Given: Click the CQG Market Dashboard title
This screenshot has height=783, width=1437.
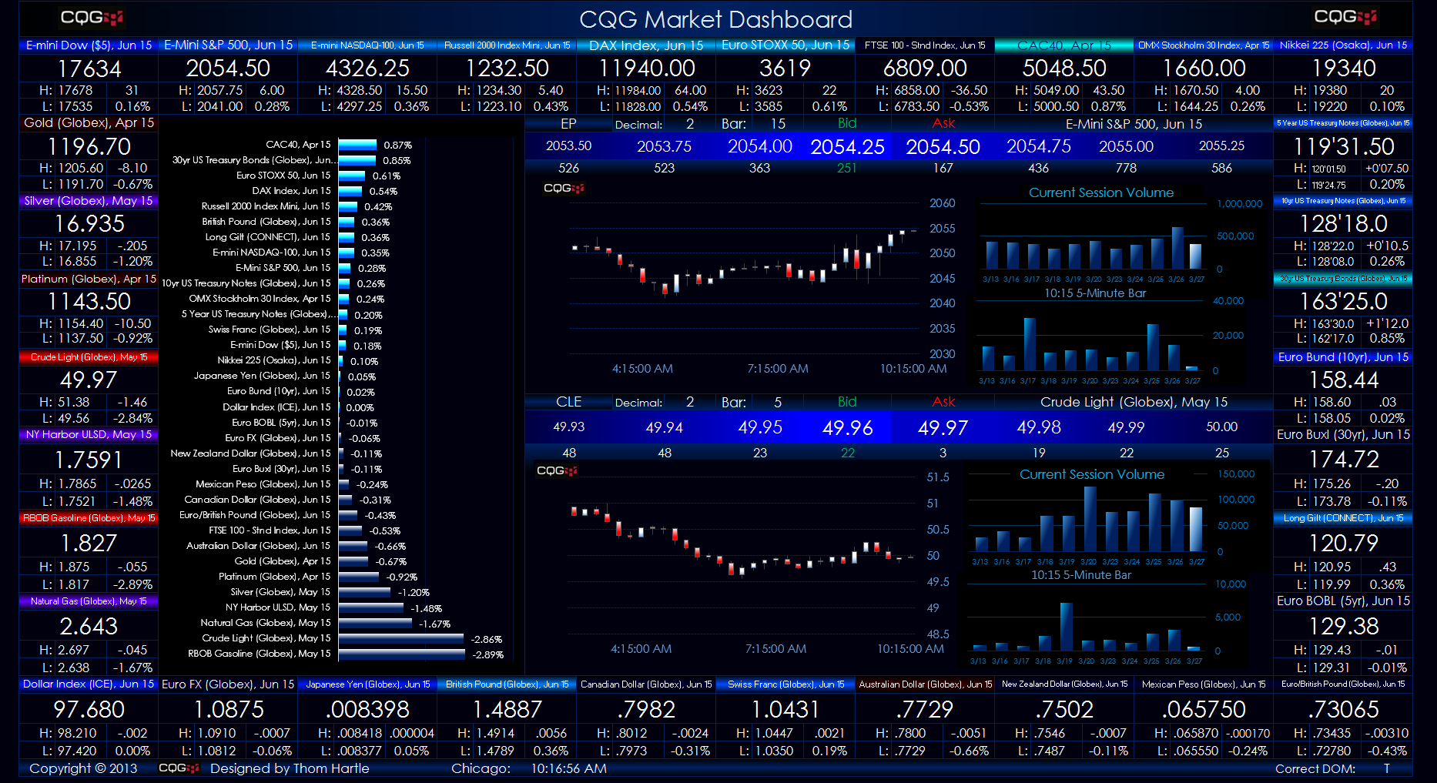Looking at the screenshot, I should [x=715, y=19].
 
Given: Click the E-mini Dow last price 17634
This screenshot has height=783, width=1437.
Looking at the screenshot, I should [x=89, y=69].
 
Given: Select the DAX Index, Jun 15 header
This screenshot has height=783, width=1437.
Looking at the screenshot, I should [x=645, y=45].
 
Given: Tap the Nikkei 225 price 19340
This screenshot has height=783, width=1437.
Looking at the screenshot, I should [x=1343, y=69].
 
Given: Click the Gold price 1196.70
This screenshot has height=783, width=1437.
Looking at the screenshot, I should [x=89, y=146].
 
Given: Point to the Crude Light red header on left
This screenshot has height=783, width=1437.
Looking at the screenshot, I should [x=89, y=357].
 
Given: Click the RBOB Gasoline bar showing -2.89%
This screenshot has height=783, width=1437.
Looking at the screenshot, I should [x=401, y=654].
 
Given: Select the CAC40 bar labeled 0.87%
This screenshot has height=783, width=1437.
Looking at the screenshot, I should [x=357, y=145].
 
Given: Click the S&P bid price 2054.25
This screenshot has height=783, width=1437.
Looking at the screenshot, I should [x=847, y=146].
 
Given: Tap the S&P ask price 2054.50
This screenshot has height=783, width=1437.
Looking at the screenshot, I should [x=943, y=146].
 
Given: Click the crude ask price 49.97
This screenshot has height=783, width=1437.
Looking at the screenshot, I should [x=943, y=427].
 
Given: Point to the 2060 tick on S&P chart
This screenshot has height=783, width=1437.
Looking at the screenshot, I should [x=942, y=203].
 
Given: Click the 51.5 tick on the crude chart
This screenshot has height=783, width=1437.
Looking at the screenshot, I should [x=937, y=477].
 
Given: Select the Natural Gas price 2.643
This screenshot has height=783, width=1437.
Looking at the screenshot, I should [x=89, y=626].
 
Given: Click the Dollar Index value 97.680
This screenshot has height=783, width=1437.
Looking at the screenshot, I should [x=89, y=709].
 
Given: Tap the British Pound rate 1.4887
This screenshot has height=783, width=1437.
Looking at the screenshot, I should [x=507, y=709].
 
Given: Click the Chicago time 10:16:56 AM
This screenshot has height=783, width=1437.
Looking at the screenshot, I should [x=568, y=768].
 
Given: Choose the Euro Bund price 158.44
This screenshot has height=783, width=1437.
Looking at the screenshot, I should [x=1343, y=380].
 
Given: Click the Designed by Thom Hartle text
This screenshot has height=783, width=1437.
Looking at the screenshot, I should [x=290, y=768].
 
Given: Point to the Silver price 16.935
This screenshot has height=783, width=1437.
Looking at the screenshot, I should [x=89, y=223].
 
